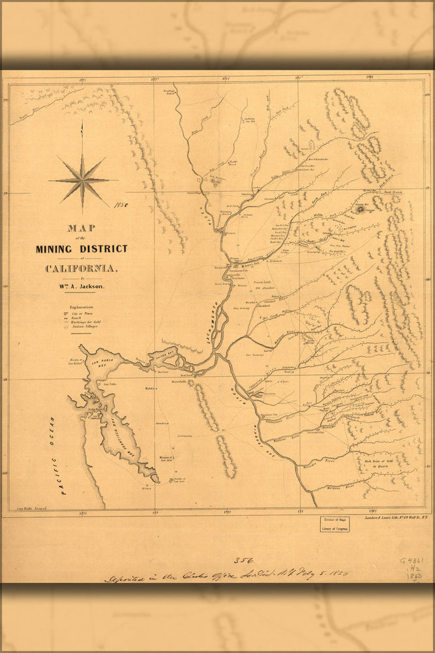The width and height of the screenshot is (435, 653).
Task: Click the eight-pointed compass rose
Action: [82, 178]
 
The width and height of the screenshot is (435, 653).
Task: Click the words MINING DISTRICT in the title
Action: [82, 248]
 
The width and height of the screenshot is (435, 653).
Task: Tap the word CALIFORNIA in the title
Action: [82, 268]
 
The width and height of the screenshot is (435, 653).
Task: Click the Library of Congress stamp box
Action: [333, 524]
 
